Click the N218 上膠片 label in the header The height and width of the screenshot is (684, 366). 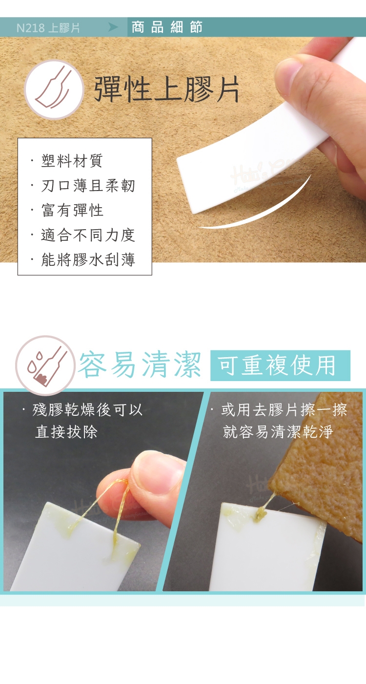click(x=48, y=28)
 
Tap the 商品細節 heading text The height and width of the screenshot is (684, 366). click(x=167, y=27)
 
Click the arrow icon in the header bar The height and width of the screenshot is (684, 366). click(x=113, y=27)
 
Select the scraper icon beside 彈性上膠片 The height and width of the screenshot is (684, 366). click(x=54, y=89)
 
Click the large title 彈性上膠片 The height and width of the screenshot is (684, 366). click(x=166, y=89)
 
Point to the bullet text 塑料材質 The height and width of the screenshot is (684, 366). click(x=72, y=161)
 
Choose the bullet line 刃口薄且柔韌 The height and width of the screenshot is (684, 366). click(x=88, y=185)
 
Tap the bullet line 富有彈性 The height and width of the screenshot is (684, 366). click(x=72, y=210)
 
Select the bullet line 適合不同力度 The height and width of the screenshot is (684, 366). click(x=88, y=235)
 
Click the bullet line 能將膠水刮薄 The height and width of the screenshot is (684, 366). click(x=88, y=259)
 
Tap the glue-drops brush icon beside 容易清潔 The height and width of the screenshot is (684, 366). click(x=45, y=365)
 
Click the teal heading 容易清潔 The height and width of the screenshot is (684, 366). click(x=140, y=364)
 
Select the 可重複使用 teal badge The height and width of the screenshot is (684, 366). click(x=280, y=365)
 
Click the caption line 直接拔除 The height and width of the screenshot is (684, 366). click(x=66, y=432)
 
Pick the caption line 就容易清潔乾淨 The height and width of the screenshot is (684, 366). click(x=278, y=432)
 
